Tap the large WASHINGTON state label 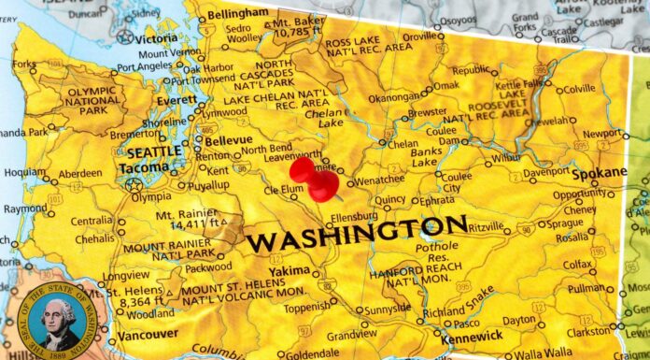point(357,233)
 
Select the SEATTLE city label point(153,152)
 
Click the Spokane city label point(600,173)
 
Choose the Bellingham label point(237,16)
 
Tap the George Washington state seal point(60,324)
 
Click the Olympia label point(150,197)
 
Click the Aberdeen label point(79,174)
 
